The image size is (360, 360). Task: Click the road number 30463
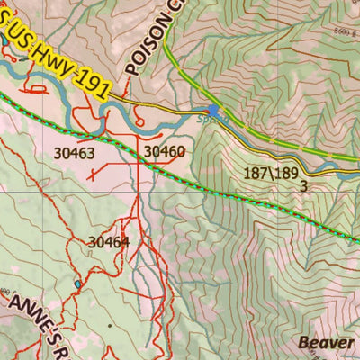[74, 154]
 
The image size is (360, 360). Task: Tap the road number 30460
[165, 152]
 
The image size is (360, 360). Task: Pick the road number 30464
[109, 241]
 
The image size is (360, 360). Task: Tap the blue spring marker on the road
[214, 111]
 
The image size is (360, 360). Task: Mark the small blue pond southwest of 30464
[78, 284]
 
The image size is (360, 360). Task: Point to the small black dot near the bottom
[111, 325]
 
